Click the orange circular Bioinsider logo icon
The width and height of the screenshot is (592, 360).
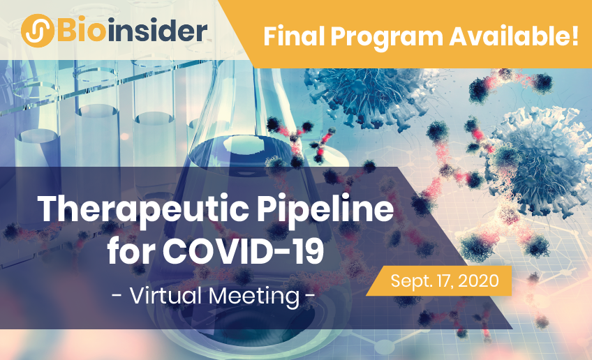[x=38, y=31]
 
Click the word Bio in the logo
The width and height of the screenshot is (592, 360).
[x=81, y=31]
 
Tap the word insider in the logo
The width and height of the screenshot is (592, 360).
[x=157, y=30]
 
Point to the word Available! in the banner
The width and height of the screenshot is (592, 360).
[x=514, y=36]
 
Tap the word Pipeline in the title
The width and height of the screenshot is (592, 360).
[x=325, y=210]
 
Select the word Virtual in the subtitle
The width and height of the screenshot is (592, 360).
[x=165, y=296]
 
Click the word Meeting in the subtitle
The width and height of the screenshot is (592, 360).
[x=253, y=297]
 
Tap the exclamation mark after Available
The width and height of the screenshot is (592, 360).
[x=575, y=36]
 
